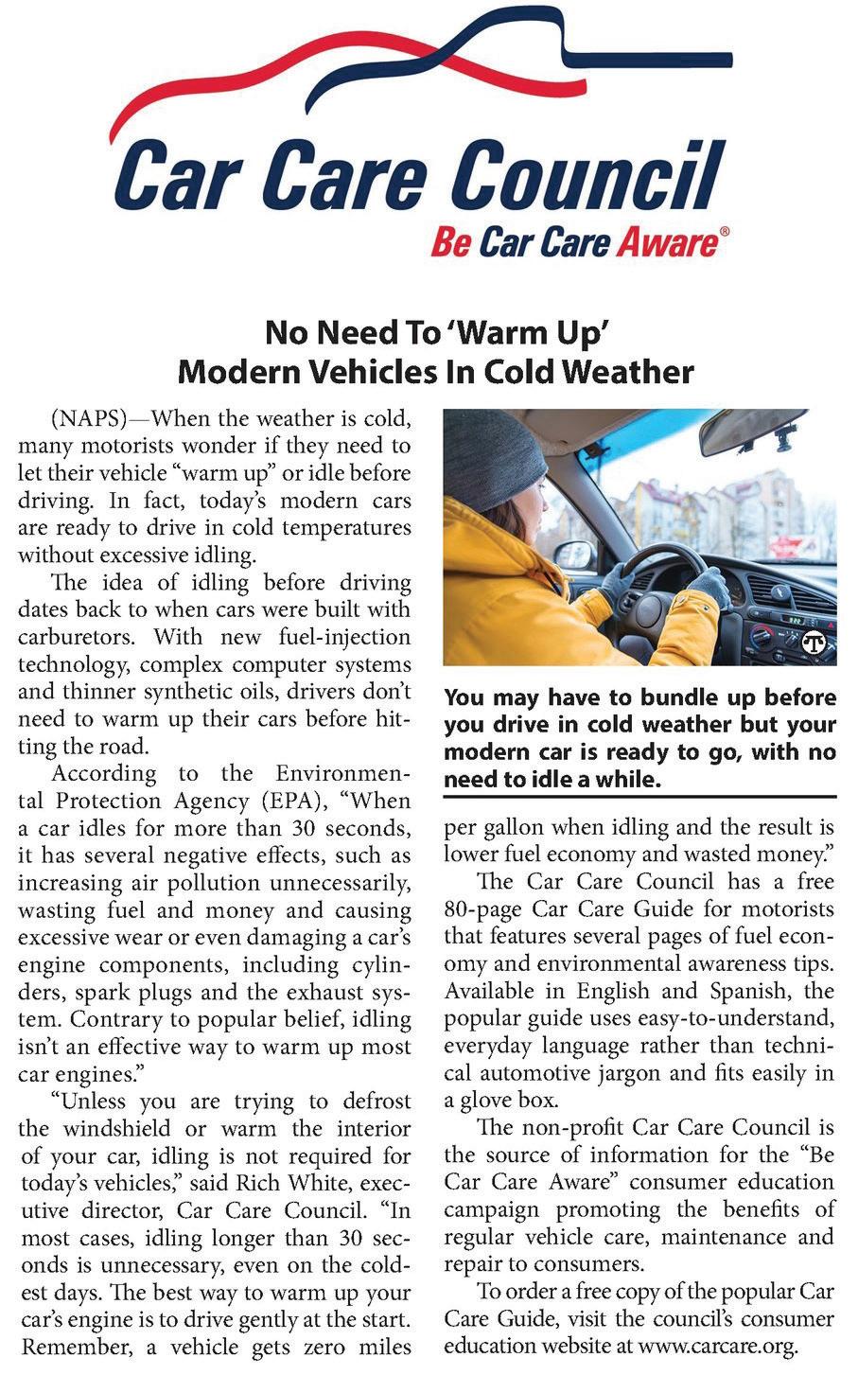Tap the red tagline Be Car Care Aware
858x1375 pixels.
573,243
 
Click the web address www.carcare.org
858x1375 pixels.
718,1346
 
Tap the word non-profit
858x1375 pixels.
575,1128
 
